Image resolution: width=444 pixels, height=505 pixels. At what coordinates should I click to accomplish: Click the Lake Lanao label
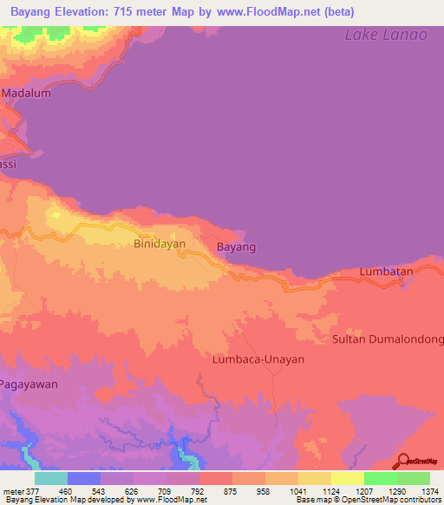point(386,35)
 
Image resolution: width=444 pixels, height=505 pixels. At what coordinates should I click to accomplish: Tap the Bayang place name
point(236,247)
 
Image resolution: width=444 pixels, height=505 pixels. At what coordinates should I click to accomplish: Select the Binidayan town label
point(161,246)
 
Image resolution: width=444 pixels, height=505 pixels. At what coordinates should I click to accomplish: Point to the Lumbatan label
point(387,272)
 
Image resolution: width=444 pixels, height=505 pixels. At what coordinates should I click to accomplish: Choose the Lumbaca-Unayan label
point(259,358)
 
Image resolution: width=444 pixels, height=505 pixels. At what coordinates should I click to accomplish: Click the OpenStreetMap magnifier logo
point(404,461)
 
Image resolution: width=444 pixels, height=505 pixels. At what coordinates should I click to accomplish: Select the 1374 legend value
point(430,491)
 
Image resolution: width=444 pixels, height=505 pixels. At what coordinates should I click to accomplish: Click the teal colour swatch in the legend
point(51,478)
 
